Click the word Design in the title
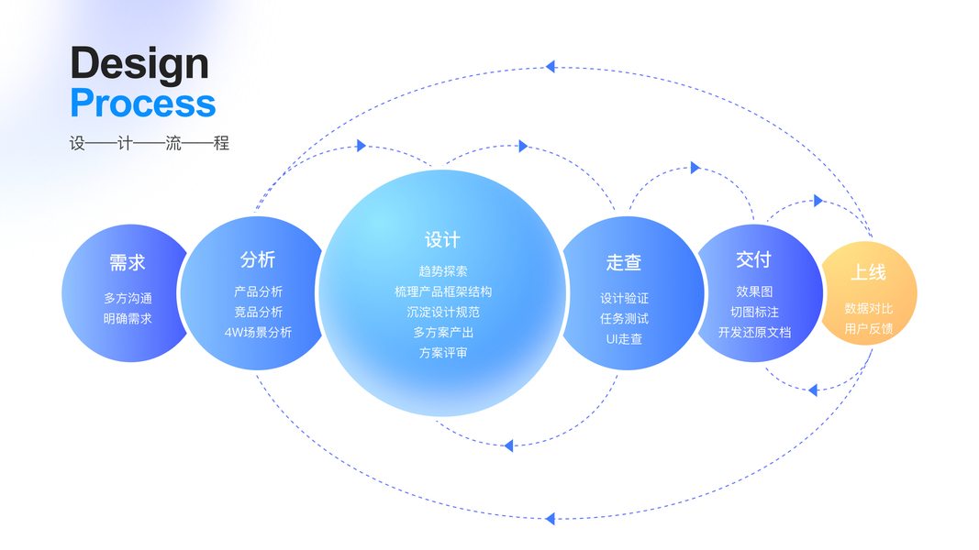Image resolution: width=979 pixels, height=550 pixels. point(139,63)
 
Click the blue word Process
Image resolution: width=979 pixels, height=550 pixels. point(143,104)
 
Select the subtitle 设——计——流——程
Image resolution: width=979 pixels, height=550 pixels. point(149,143)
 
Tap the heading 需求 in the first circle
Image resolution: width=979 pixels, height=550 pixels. point(128,263)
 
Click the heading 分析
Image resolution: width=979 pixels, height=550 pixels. point(258,259)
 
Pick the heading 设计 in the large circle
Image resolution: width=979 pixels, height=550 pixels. point(442,240)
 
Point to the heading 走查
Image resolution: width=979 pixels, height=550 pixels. point(624,263)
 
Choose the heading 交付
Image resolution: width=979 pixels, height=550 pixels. point(753,259)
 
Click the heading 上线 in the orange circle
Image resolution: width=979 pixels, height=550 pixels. point(868,272)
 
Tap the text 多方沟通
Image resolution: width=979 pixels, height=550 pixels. point(128,299)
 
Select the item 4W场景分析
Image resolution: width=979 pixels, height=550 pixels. point(258,333)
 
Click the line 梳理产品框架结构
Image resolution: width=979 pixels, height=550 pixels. point(443,291)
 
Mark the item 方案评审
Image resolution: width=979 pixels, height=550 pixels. point(443,353)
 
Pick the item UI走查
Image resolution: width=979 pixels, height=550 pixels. point(624,339)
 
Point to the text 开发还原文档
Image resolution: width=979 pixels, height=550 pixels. point(754,333)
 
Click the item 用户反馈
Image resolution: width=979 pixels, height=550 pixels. point(868,328)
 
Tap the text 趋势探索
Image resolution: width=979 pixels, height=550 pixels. point(443,271)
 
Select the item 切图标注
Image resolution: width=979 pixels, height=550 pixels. point(754,313)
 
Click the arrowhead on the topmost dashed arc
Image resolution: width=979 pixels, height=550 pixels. point(550,66)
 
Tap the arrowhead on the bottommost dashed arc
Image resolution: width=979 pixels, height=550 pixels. point(550,519)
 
